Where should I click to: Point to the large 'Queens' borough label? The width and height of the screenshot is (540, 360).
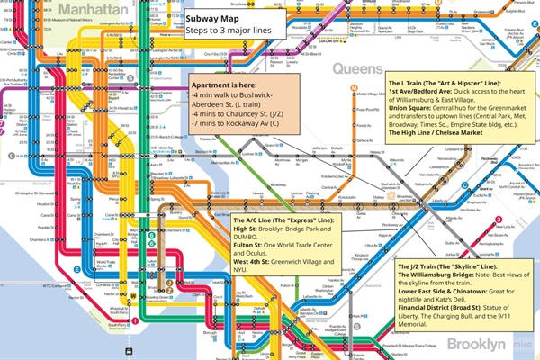pyautogui.click(x=357, y=67)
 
